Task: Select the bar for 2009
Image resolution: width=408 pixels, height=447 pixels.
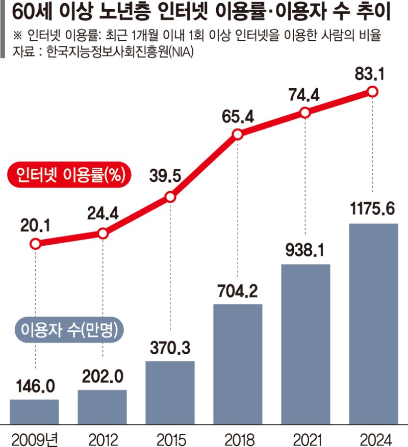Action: point(35,411)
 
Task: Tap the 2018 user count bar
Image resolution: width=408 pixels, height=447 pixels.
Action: point(238,363)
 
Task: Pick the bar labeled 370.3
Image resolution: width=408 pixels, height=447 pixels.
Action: point(170,392)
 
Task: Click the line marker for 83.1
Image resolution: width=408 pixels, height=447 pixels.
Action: point(373,92)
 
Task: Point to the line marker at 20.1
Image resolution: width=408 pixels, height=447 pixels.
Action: point(35,244)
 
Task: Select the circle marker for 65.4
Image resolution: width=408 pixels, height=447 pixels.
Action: point(238,135)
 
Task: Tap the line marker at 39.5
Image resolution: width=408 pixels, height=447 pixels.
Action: point(170,197)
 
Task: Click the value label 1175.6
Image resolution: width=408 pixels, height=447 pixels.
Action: point(373,208)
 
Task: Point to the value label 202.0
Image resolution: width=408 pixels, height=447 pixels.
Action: point(103,376)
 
